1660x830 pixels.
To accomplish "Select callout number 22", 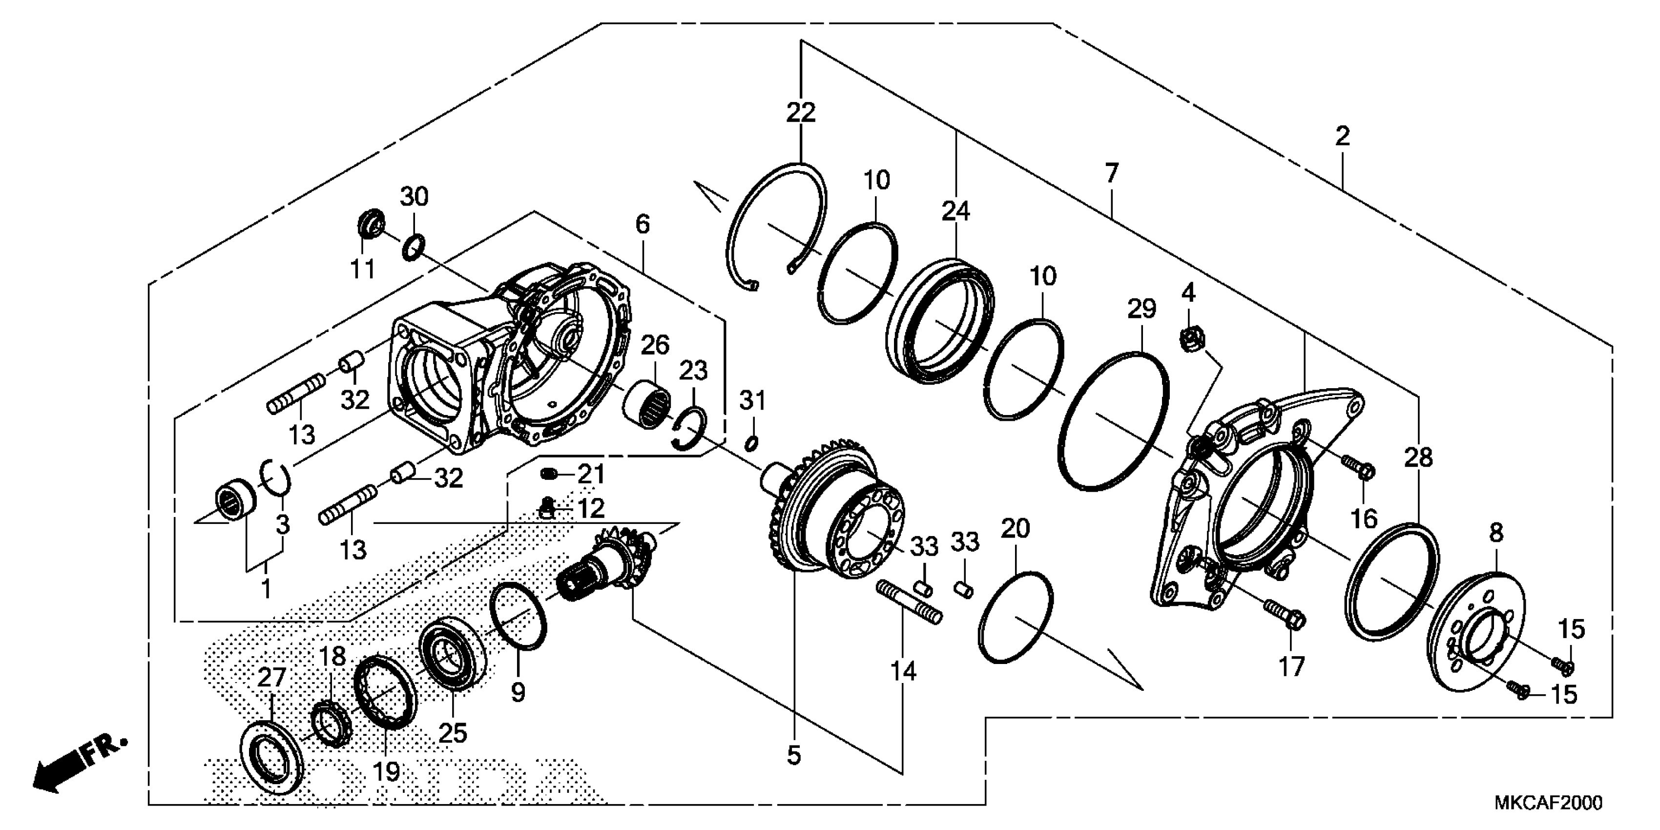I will (x=801, y=113).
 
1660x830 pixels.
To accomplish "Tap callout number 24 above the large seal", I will (x=955, y=211).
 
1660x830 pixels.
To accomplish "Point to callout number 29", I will (x=1142, y=310).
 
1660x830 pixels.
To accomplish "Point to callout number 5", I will (x=794, y=755).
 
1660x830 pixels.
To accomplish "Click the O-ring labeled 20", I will (x=1016, y=617).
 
